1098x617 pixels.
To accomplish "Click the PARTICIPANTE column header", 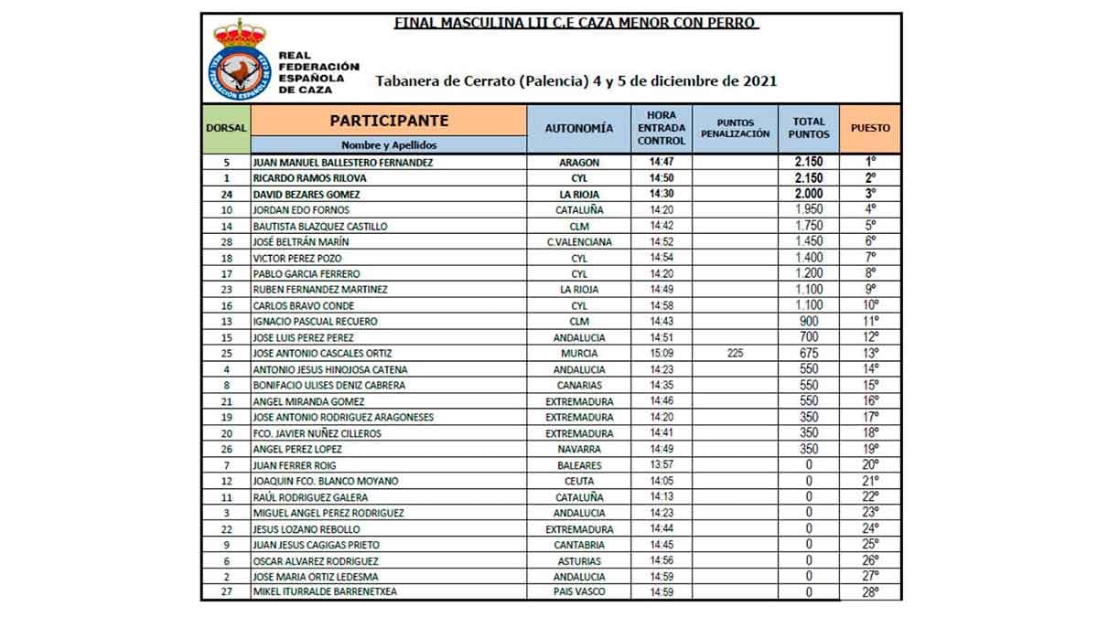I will tap(389, 121).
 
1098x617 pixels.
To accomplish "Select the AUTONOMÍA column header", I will tap(578, 129).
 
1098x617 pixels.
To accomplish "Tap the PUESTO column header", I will tap(869, 129).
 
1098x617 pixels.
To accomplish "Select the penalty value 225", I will tap(735, 354).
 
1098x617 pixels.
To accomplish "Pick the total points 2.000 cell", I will tap(807, 194).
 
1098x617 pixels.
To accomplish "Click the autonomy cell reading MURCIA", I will tap(578, 354).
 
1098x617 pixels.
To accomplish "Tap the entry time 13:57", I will tap(662, 465).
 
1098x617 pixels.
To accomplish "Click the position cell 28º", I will tap(869, 592).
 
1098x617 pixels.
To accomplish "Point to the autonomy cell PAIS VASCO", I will tap(578, 592).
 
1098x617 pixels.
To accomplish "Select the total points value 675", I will tap(807, 354).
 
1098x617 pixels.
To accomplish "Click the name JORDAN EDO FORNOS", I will tap(299, 210).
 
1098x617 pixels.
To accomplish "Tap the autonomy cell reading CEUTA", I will tap(578, 481).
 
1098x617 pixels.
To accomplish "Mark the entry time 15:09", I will tap(662, 354).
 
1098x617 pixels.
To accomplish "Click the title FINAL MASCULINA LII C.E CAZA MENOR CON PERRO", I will tap(576, 22).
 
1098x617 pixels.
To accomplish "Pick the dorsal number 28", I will tap(225, 242).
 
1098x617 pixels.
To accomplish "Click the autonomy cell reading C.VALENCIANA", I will tap(578, 242).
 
